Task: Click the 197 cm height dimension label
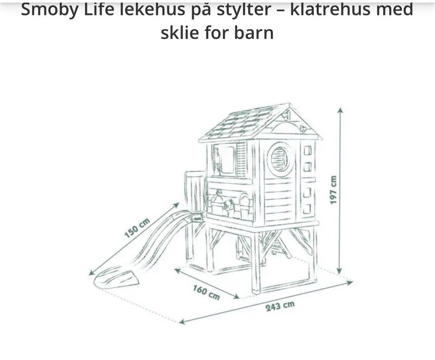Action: [x=333, y=190]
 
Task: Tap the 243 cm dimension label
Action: [x=280, y=306]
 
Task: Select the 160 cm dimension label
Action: [x=207, y=292]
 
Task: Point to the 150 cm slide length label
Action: [x=137, y=228]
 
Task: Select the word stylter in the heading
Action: [x=244, y=10]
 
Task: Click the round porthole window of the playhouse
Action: [x=280, y=159]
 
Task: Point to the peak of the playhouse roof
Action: [x=290, y=104]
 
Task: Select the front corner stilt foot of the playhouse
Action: [x=256, y=292]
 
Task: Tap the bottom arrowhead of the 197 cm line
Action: [x=339, y=272]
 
